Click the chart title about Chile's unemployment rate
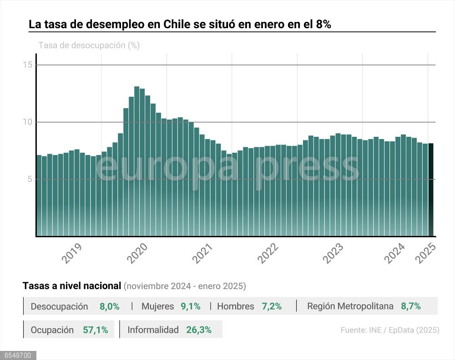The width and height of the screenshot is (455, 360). (180, 25)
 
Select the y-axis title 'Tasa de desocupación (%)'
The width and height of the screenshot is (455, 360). (89, 45)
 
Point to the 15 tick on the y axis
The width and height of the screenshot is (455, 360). (27, 65)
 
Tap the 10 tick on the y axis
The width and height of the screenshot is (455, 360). (27, 122)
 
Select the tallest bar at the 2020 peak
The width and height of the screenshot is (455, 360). (136, 159)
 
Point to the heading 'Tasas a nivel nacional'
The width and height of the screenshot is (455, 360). (72, 286)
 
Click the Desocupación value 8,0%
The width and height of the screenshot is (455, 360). (110, 306)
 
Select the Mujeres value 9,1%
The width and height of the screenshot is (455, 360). (191, 306)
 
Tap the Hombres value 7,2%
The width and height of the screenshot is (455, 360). (272, 306)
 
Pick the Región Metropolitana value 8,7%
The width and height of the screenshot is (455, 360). (410, 306)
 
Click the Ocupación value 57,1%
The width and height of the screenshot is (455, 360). (95, 330)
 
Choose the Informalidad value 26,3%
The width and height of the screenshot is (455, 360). (199, 330)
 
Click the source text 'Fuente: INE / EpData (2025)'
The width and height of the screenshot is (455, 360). (390, 330)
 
